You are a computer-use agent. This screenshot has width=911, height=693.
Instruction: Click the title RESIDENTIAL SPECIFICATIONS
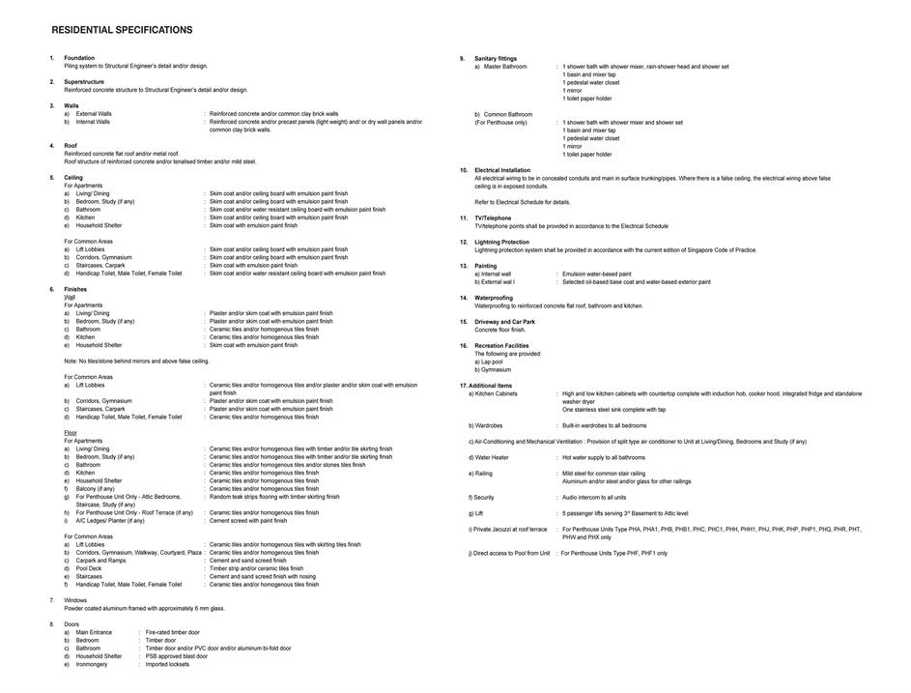122,30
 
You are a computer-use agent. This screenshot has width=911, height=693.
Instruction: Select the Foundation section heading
79,58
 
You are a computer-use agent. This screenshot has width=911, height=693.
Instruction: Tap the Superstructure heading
84,82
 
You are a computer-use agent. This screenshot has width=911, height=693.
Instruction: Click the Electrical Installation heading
502,170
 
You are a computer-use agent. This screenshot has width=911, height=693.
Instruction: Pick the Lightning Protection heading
501,243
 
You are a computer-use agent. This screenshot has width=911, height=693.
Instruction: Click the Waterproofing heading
494,298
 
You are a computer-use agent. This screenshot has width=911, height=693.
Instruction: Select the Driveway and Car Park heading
504,322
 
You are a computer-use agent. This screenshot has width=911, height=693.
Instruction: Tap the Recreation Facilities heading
501,346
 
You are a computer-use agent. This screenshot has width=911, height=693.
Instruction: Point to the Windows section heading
75,600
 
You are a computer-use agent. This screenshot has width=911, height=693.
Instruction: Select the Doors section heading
72,624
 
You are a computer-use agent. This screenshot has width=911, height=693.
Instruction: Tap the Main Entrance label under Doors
94,632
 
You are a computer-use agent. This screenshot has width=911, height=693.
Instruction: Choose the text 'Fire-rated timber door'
172,632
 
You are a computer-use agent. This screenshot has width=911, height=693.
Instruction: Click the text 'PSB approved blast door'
176,656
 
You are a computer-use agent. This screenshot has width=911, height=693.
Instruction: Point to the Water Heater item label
489,457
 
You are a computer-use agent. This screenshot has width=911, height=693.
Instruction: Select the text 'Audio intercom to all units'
594,497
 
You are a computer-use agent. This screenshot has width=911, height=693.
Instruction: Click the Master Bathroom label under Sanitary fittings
505,67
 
